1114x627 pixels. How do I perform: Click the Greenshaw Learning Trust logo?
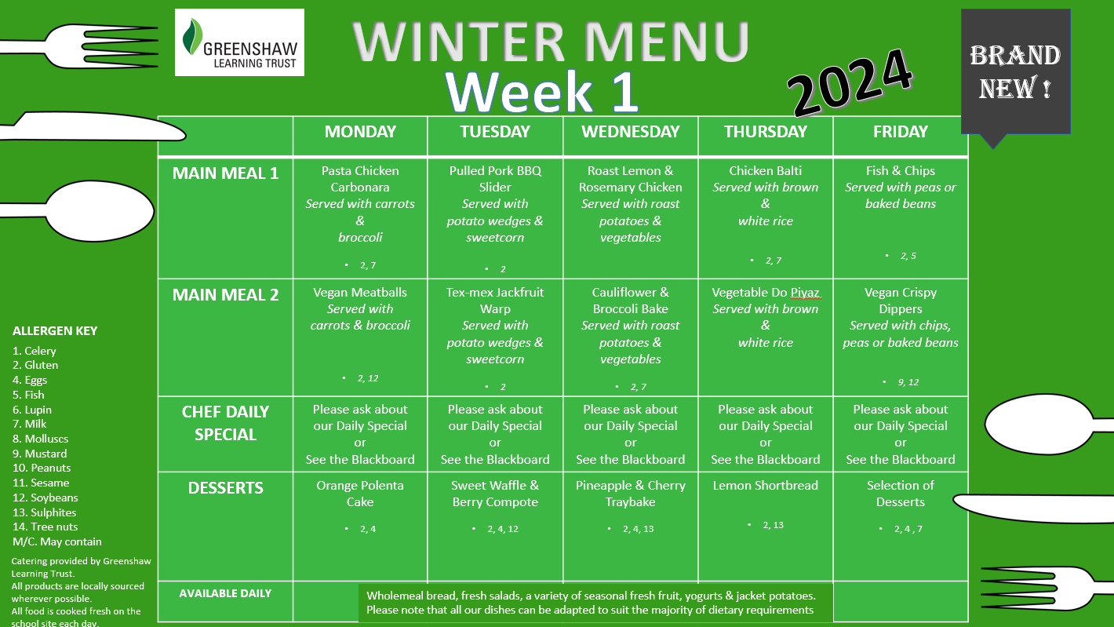[x=239, y=42]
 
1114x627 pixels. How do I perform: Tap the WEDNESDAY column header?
[x=630, y=131]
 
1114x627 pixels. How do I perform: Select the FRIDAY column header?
[x=900, y=131]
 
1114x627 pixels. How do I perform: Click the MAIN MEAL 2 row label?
[x=225, y=294]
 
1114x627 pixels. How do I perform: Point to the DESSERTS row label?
[x=225, y=487]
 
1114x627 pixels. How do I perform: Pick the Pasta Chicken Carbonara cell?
[x=360, y=218]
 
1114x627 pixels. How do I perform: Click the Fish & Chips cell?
[x=900, y=218]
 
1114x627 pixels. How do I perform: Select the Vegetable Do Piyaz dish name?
[x=766, y=293]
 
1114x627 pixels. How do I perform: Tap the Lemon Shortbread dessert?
[x=766, y=485]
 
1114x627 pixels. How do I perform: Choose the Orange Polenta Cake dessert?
[x=360, y=493]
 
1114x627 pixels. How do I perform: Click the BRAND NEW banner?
[x=1015, y=72]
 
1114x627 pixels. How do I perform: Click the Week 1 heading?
[x=541, y=92]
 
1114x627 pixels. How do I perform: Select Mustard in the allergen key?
[x=40, y=454]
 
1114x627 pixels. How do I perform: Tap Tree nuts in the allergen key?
[x=46, y=527]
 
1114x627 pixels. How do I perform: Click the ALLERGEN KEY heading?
[x=55, y=331]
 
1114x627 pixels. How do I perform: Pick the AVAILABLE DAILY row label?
[x=225, y=593]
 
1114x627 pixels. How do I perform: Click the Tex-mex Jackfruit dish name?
[x=495, y=292]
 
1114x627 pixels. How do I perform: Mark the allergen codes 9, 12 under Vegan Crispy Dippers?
[x=908, y=382]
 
